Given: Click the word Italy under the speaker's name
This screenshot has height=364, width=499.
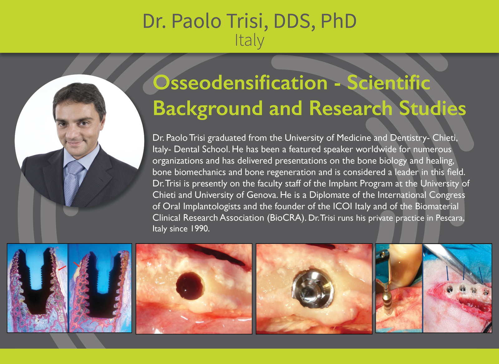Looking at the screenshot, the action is [249, 41].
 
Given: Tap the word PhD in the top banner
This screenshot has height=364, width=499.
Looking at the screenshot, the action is [339, 21].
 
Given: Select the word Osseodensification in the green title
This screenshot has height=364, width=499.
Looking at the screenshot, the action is [240, 83].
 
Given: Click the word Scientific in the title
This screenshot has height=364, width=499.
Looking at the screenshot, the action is [389, 82].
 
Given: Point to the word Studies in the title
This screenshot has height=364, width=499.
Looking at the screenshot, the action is [432, 108].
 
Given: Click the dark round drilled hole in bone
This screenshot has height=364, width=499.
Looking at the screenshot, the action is [190, 286].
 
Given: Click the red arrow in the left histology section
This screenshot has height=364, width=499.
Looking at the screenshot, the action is [62, 268].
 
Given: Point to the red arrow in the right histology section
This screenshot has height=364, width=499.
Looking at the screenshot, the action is [77, 264].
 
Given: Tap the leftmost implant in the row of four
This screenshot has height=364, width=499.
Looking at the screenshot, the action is [449, 289].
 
